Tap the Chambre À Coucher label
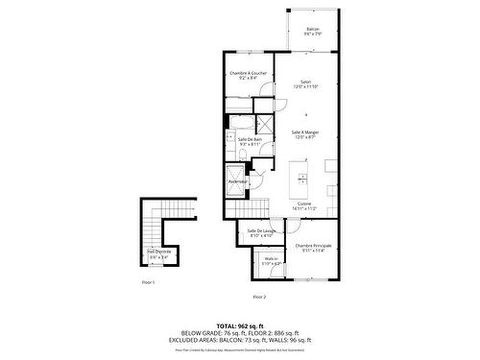click(248, 76)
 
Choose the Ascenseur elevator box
click(238, 181)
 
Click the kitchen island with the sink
click(301, 178)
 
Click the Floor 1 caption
click(148, 282)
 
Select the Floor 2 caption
click(259, 297)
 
